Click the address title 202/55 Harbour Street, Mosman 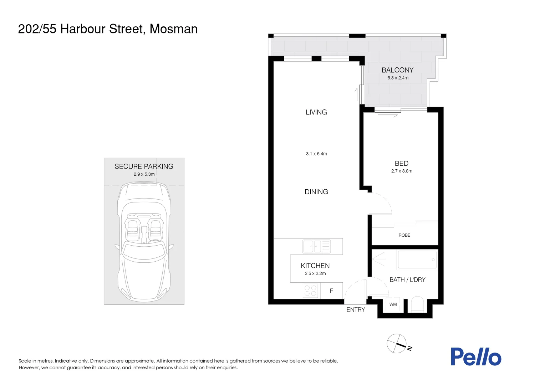point(108,29)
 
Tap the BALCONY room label point(397,70)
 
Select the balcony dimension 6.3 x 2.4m point(398,78)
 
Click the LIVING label point(316,112)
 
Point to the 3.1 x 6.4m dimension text point(316,154)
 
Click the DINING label point(316,192)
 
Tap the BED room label point(401,163)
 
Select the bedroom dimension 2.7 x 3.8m point(402,171)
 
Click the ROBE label point(404,235)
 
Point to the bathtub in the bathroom point(417,260)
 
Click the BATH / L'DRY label point(407,280)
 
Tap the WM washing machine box point(393,304)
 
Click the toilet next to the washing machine point(417,305)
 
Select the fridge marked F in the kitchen point(331,291)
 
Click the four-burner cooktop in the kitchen point(310,291)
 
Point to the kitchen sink point(316,246)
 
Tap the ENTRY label point(356,310)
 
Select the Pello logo point(476,357)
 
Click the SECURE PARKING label point(144,166)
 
